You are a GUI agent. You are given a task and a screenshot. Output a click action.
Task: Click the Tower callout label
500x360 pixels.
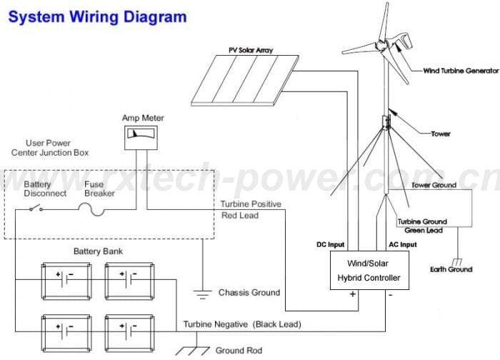[x=441, y=134]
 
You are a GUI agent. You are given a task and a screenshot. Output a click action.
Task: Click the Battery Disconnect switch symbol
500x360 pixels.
[x=35, y=209]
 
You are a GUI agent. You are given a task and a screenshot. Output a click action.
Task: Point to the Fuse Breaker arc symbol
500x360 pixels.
[x=86, y=209]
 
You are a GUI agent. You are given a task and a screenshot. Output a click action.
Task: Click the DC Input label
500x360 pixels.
[x=331, y=244]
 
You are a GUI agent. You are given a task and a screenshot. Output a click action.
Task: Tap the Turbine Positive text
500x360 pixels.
[x=251, y=204]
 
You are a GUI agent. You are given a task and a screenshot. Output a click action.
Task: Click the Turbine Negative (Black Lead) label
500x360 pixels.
[x=241, y=324]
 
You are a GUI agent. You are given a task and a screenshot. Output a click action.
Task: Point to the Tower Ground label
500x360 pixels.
[x=434, y=186]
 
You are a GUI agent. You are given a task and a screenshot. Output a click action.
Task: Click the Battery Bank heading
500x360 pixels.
[x=97, y=251]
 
